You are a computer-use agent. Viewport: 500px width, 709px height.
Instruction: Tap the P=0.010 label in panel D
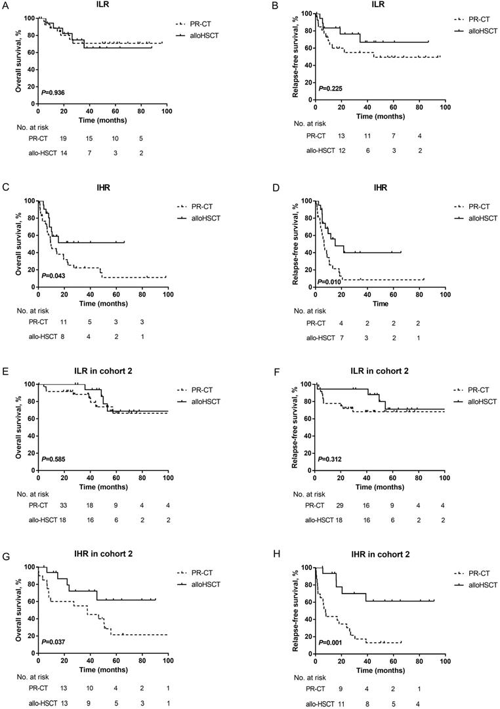pyautogui.click(x=330, y=281)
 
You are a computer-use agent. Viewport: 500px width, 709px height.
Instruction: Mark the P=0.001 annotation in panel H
pyautogui.click(x=329, y=643)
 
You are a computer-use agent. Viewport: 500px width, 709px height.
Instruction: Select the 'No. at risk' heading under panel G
pyautogui.click(x=31, y=674)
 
